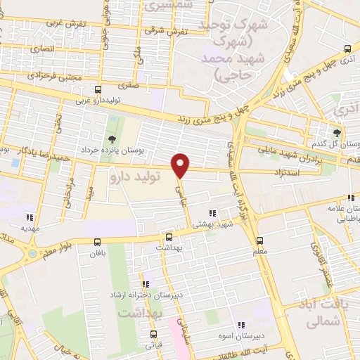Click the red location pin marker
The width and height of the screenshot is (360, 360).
coord(181,165)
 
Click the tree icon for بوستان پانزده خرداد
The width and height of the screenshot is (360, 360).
coord(112,138)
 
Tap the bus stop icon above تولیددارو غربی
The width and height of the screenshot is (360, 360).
coord(98,89)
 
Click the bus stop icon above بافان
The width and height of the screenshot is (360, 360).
coord(98,242)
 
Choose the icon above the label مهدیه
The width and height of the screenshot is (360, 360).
coord(29,217)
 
